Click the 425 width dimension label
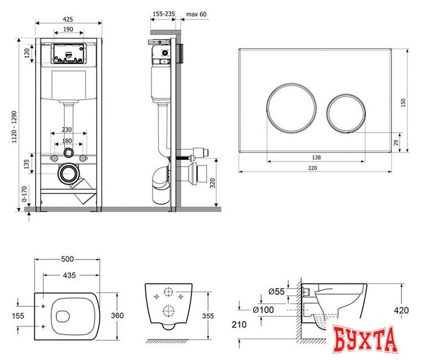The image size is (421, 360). tap(68, 19)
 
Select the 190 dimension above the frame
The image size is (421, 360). tap(68, 29)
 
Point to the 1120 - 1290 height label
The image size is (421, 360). tap(14, 127)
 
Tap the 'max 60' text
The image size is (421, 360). tap(196, 14)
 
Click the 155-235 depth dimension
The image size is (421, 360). tap(164, 13)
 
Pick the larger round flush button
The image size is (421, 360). tap(292, 108)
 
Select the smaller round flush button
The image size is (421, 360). tap(346, 113)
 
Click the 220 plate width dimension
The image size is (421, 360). tap(312, 168)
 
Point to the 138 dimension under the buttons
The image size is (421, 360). tap(316, 157)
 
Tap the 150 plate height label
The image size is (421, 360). tap(403, 103)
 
